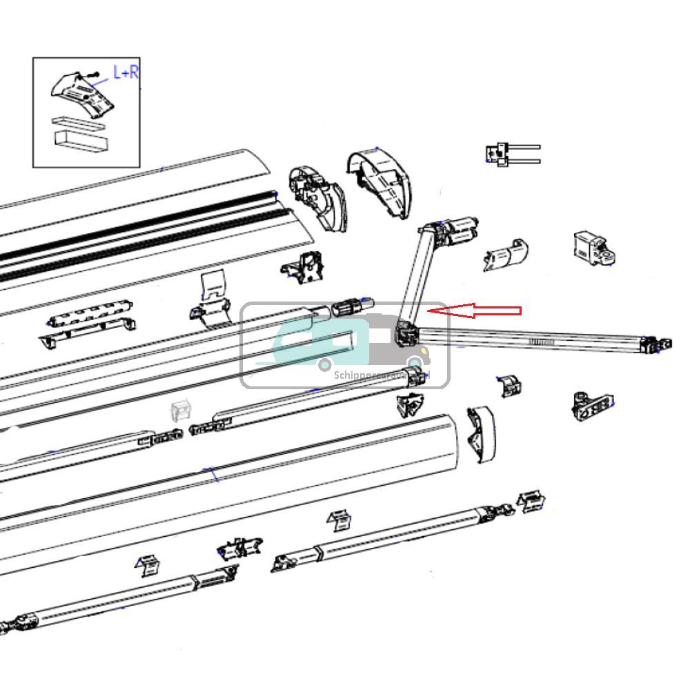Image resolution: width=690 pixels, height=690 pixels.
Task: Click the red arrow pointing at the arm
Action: [476, 312]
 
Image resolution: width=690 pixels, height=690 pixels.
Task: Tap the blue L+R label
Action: [125, 72]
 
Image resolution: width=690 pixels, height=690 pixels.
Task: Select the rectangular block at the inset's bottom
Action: [81, 141]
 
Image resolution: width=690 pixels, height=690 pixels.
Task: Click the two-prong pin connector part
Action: [512, 153]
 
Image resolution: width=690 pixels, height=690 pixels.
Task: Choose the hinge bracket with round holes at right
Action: [592, 404]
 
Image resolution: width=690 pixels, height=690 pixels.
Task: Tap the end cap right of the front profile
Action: [481, 433]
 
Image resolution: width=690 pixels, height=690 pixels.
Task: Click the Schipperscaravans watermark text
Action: [379, 376]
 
